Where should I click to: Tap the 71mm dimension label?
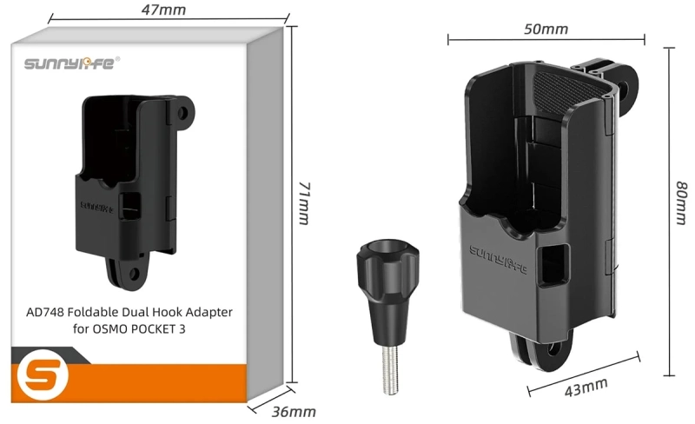click(x=303, y=202)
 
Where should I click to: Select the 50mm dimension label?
click(x=546, y=29)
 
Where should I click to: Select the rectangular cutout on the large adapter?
click(x=553, y=264)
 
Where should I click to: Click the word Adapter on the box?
click(x=209, y=310)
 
